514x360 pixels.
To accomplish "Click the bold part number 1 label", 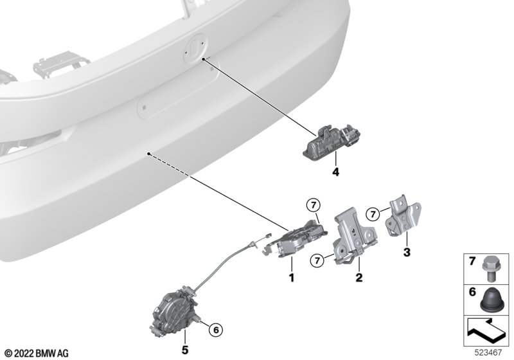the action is [292, 278].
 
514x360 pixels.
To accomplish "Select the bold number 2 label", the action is [359, 278].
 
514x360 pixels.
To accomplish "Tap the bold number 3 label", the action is [407, 253].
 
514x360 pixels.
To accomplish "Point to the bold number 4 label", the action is [335, 172].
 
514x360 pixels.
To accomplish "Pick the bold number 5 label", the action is [185, 350].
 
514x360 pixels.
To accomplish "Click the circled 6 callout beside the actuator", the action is [216, 330].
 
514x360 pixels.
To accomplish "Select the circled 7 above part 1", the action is [313, 206].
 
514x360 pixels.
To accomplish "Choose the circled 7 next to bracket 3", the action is [373, 215].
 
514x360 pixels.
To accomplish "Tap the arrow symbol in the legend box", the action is [486, 329].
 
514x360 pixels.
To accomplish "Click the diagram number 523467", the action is [488, 353].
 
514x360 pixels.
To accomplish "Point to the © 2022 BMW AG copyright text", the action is [37, 354].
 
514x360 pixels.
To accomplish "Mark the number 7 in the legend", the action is [472, 261].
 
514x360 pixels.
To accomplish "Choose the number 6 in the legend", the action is [472, 292].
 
